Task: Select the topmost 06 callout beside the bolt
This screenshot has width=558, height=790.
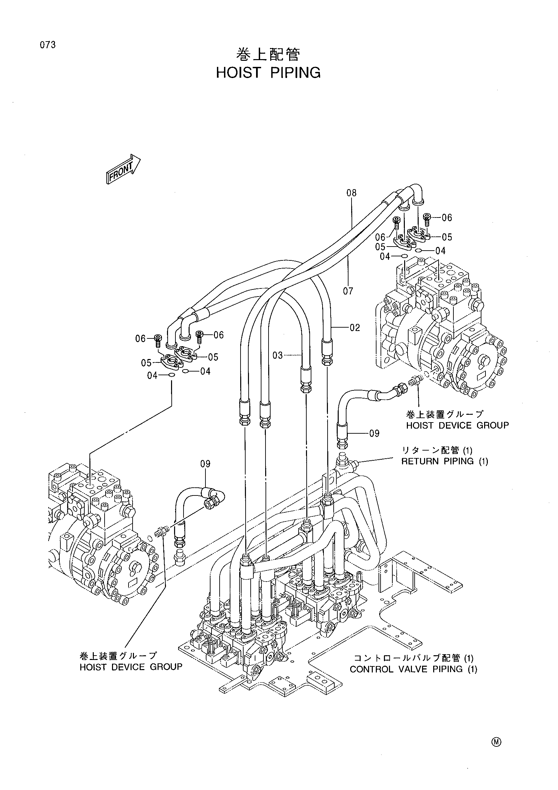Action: [x=447, y=218]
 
